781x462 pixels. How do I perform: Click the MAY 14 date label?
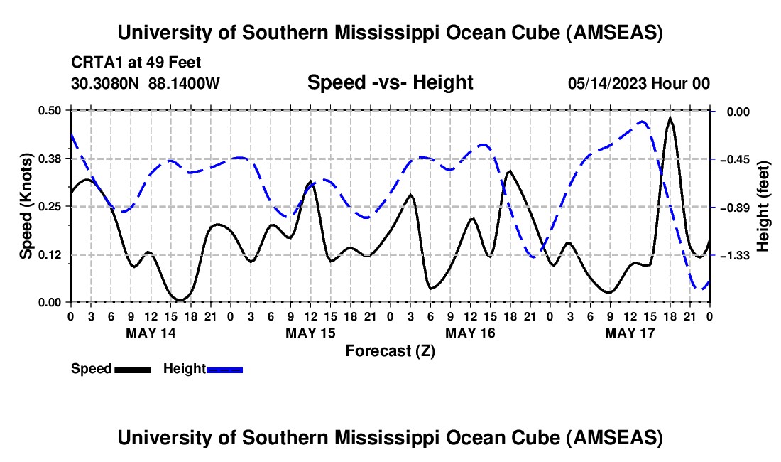point(151,332)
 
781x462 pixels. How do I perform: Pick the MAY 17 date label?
point(630,332)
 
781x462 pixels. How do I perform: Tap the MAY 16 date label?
point(470,332)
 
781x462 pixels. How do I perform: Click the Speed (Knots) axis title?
point(26,206)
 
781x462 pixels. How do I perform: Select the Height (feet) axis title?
point(764,206)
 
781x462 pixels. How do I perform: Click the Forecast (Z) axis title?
point(390,350)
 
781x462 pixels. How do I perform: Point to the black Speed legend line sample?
point(131,370)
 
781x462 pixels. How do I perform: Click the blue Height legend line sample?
point(224,370)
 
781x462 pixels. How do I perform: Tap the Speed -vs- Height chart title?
point(390,82)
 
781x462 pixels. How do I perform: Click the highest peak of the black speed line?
point(670,117)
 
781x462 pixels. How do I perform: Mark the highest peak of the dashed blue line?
point(642,122)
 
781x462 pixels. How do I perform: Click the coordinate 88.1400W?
point(185,84)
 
